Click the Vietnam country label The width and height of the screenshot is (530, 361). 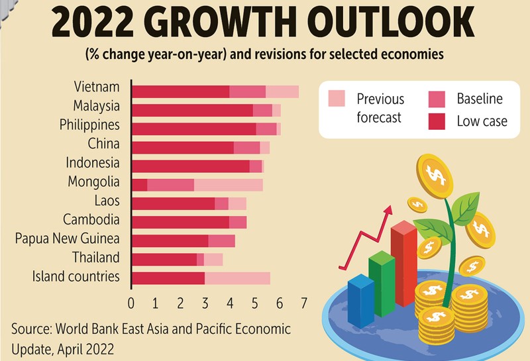tap(97, 87)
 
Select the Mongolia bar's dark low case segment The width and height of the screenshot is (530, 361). tap(139, 185)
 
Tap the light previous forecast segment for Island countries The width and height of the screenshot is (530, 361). tap(237, 278)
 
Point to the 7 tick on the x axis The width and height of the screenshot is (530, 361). tap(303, 303)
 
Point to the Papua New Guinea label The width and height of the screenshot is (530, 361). tap(67, 239)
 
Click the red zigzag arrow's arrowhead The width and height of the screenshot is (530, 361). tap(388, 211)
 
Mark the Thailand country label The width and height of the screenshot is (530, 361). tap(95, 258)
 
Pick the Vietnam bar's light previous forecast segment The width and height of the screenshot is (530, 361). tap(282, 92)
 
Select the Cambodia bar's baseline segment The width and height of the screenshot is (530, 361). tap(238, 222)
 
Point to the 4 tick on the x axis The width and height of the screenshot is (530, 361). tap(230, 303)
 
